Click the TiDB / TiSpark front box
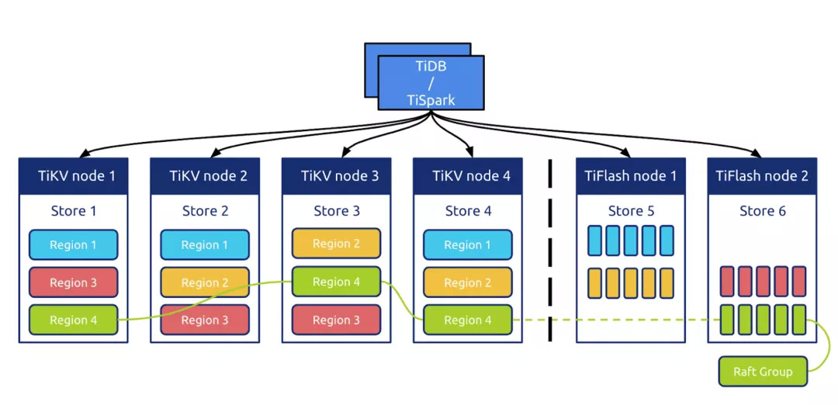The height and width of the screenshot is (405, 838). (x=431, y=82)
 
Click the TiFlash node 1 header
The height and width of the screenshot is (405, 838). (x=630, y=176)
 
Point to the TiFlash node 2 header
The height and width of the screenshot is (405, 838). (x=762, y=176)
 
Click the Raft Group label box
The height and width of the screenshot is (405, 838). (x=764, y=372)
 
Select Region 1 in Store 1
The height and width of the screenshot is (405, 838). (x=73, y=245)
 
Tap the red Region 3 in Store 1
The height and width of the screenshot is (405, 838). (x=73, y=282)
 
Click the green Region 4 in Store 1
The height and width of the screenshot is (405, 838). (x=73, y=320)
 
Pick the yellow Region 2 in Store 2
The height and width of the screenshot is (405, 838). (x=205, y=282)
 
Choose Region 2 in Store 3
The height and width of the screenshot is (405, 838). (x=336, y=244)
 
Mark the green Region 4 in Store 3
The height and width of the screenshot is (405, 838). (x=336, y=282)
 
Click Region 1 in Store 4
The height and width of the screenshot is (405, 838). (x=467, y=245)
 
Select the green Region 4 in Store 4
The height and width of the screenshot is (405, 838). (x=467, y=320)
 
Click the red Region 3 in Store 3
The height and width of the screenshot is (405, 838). (x=336, y=320)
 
